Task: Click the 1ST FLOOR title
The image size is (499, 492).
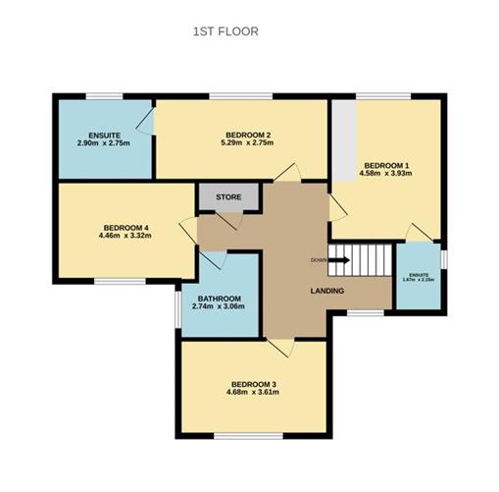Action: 225,31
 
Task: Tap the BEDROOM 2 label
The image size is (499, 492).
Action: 248,135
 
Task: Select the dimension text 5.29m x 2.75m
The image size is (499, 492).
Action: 248,143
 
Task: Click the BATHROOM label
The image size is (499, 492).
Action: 218,298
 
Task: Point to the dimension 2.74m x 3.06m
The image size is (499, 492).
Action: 218,307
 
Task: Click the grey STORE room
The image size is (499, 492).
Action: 228,197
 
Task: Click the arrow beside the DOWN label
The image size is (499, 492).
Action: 338,260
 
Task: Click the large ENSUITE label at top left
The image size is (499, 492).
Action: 103,135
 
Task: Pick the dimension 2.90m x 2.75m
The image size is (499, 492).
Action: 103,143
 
